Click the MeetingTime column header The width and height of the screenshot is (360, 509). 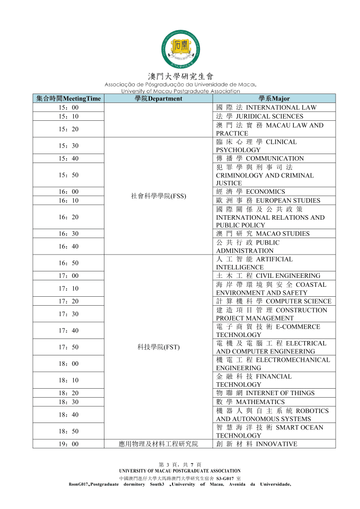tap(69, 98)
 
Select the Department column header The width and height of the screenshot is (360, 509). tap(158, 98)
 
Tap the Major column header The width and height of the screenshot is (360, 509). tap(274, 98)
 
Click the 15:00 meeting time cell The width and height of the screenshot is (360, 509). tap(69, 107)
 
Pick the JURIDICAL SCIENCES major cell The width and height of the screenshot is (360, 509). tap(274, 116)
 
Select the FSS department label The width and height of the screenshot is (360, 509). tap(158, 196)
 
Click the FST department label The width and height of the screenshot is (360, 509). tap(158, 347)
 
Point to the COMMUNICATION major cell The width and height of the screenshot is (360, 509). tap(274, 159)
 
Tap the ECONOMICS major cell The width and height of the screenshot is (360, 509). tap(274, 192)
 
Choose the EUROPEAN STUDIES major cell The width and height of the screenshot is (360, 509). tap(274, 201)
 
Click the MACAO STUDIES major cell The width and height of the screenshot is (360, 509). tap(274, 234)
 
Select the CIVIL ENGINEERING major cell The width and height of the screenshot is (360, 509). tap(274, 276)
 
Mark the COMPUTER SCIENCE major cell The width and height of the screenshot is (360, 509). tap(274, 301)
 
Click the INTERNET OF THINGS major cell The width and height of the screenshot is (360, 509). tap(274, 393)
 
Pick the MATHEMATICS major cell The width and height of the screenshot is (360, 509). tap(274, 402)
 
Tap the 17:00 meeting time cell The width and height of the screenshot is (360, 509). tap(69, 276)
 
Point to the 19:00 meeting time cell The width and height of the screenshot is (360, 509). tap(69, 444)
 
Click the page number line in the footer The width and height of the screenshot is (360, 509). tap(180, 464)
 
